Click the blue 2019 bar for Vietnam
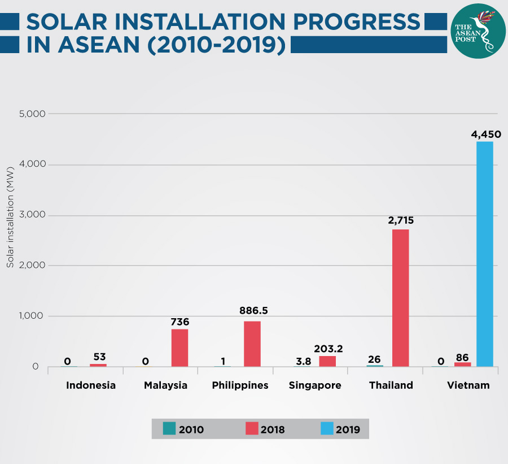484,254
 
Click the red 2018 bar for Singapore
327,361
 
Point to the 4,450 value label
485,135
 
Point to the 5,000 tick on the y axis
32,114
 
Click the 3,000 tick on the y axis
32,215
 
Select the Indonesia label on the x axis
91,385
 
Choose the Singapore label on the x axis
315,385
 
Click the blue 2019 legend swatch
326,428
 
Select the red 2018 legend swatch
251,428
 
